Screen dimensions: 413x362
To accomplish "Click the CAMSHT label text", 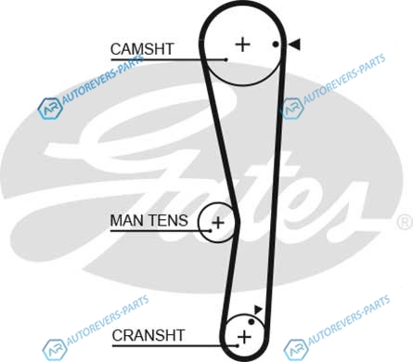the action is click(x=142, y=49).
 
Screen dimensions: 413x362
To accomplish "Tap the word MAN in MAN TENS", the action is click(x=126, y=221).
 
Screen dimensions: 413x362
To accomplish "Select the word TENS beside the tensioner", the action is click(x=168, y=221).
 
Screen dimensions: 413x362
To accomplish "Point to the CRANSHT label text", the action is click(x=148, y=335).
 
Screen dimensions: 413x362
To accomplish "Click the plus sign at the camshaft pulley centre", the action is click(x=243, y=45).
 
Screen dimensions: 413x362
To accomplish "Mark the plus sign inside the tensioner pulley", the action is click(x=218, y=223).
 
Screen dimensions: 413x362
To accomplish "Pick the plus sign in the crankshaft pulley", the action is click(x=244, y=337).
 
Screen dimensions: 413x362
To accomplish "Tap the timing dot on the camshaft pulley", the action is click(x=276, y=45).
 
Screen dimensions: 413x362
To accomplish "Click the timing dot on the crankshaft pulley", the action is click(x=252, y=322).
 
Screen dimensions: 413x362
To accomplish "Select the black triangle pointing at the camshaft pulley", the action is click(x=294, y=45).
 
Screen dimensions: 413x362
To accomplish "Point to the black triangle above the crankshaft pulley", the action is click(x=258, y=309).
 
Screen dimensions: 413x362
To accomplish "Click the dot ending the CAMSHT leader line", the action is click(x=226, y=59).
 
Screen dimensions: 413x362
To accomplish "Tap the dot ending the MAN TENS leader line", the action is click(x=211, y=230).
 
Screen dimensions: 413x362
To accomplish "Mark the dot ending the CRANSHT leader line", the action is click(x=238, y=345).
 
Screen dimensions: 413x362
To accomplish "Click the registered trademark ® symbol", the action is click(x=405, y=222).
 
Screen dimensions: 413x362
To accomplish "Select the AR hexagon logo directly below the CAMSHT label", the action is click(x=50, y=109).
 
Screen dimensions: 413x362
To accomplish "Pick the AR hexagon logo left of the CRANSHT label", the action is click(x=55, y=350).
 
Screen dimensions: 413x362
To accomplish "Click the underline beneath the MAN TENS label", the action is click(x=161, y=231).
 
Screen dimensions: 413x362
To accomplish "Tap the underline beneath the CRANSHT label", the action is click(x=174, y=345).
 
